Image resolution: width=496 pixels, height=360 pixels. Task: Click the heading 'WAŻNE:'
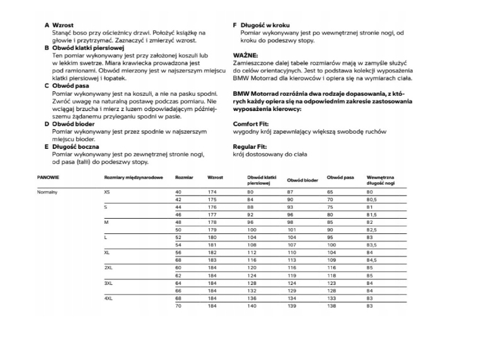pos(245,55)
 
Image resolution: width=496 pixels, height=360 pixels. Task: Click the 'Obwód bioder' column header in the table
pos(302,180)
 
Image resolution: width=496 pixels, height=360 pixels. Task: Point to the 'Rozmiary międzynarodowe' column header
pos(133,178)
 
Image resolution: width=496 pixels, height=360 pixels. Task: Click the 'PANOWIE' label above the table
pos(49,178)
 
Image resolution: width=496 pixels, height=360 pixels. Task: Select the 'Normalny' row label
pos(48,191)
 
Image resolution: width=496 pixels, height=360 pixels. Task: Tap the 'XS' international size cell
pos(107,191)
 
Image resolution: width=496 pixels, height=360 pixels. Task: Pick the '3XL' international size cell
pos(108,284)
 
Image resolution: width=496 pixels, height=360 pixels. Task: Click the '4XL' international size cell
pos(108,298)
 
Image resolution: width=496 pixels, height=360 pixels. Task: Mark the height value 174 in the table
pos(212,191)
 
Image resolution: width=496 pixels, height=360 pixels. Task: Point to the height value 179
pos(212,230)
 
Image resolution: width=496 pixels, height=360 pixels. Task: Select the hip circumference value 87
pos(290,191)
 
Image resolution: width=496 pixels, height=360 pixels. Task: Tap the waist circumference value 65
pos(330,191)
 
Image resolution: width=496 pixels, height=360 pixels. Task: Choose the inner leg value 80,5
pos(371,199)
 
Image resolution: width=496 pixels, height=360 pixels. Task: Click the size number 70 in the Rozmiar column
pos(178,305)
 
